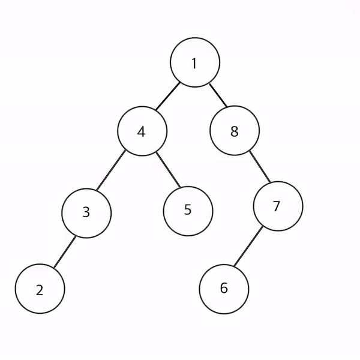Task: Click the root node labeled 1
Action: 194,62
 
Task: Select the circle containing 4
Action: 142,131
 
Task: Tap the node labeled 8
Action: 235,131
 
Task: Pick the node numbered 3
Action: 86,212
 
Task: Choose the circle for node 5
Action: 188,211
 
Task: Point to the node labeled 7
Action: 278,206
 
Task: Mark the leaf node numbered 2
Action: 40,290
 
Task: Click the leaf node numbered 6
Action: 224,289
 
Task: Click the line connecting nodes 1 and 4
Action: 167,97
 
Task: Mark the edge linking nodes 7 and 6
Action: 248,248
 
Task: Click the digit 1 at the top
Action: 194,63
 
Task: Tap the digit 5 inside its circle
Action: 188,211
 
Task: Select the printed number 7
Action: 277,206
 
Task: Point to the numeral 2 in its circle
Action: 40,290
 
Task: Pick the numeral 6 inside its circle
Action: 224,289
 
